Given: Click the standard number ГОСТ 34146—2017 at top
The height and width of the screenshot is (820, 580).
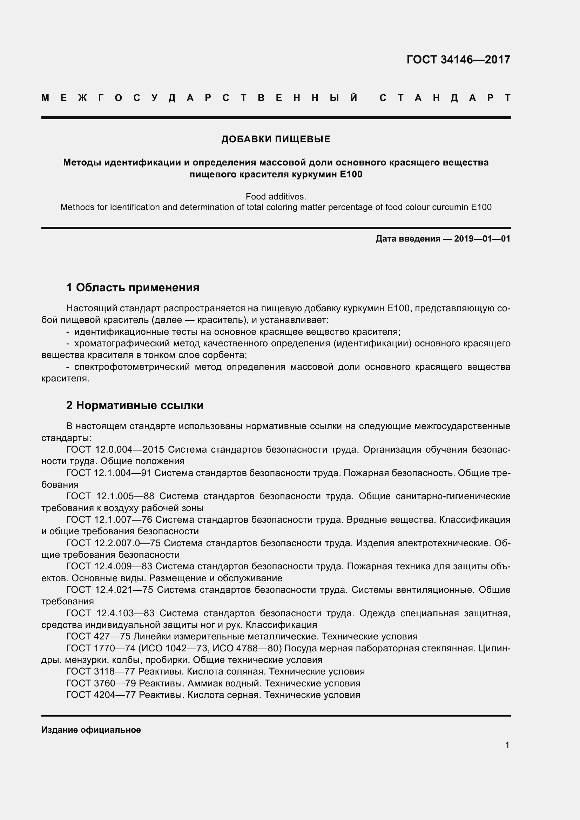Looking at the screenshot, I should pyautogui.click(x=458, y=60).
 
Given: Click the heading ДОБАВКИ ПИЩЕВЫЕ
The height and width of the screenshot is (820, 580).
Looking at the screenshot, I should pyautogui.click(x=276, y=139).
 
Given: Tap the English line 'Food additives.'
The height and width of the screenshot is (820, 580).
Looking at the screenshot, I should pyautogui.click(x=276, y=196).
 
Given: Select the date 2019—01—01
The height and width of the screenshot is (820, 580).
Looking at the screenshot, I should pyautogui.click(x=482, y=239).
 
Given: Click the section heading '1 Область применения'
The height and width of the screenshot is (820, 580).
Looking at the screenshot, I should pyautogui.click(x=133, y=287).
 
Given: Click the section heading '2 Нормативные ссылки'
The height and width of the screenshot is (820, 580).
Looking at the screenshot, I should pyautogui.click(x=135, y=405).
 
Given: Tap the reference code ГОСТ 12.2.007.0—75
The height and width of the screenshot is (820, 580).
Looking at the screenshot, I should pyautogui.click(x=113, y=543).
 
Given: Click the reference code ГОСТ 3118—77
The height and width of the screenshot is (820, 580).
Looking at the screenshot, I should pyautogui.click(x=101, y=671).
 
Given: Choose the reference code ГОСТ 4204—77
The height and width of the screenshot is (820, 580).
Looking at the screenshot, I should pyautogui.click(x=101, y=694).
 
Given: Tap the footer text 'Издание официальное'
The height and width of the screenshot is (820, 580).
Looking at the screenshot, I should pyautogui.click(x=91, y=730).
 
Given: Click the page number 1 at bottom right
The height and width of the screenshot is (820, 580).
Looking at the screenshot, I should pyautogui.click(x=507, y=745).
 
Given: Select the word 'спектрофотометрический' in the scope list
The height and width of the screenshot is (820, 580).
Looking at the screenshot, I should pyautogui.click(x=132, y=367).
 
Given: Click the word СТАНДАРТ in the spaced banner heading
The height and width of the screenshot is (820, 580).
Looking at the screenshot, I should pyautogui.click(x=445, y=98).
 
